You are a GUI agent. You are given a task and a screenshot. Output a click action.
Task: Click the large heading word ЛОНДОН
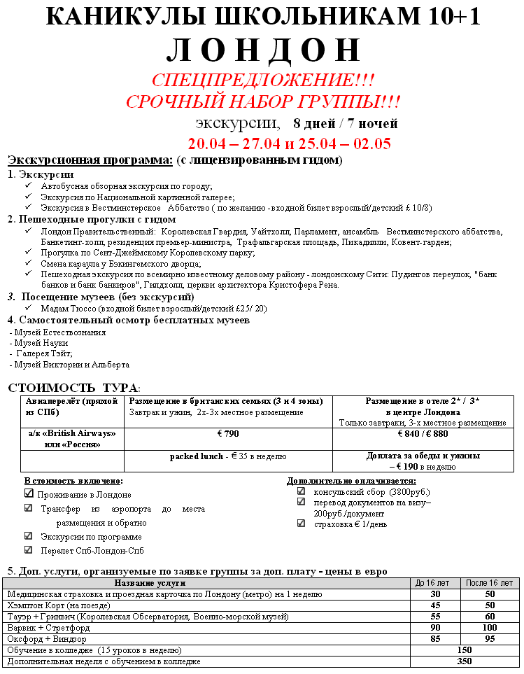click(x=262, y=50)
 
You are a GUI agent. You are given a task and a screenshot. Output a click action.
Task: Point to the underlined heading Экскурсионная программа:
click(x=90, y=160)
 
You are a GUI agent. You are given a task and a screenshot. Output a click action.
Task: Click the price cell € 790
click(x=227, y=434)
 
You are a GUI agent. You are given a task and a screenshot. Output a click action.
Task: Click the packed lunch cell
click(x=227, y=456)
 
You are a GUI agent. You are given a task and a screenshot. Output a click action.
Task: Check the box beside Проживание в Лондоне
click(x=29, y=493)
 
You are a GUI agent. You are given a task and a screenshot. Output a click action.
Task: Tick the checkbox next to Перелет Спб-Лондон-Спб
click(x=29, y=549)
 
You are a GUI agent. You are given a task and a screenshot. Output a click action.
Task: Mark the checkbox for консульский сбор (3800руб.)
click(x=301, y=491)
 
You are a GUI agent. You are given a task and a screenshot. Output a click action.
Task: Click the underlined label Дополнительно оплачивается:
click(x=351, y=481)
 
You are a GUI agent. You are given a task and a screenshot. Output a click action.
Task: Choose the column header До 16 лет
click(x=434, y=582)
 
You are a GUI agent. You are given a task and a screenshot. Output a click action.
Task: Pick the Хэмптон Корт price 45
click(x=434, y=605)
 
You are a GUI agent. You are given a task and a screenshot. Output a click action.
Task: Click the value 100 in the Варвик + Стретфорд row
click(x=490, y=628)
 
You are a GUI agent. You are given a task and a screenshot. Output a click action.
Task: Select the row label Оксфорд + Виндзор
click(x=41, y=639)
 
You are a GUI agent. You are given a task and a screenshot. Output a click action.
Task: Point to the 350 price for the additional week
click(x=464, y=661)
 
